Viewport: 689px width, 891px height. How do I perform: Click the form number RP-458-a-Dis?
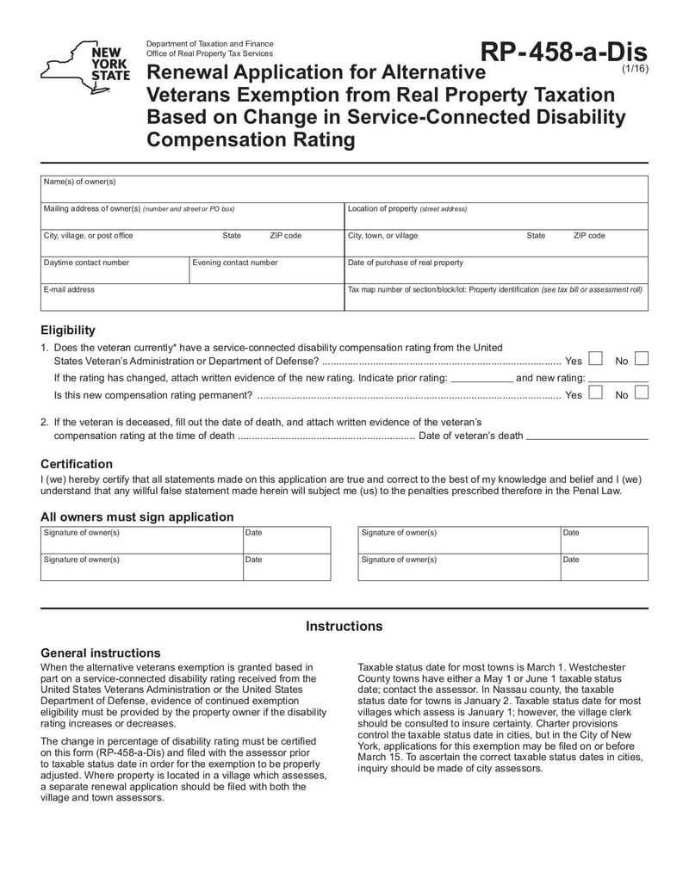coord(563,53)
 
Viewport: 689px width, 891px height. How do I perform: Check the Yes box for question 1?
coord(595,360)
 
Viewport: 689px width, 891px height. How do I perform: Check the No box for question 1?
coord(641,360)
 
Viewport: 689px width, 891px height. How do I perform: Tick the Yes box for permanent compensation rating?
coord(595,393)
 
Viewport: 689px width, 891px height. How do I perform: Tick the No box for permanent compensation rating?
coord(641,393)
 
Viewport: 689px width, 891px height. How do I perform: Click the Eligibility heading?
coord(68,330)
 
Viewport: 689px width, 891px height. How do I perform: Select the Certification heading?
coord(77,463)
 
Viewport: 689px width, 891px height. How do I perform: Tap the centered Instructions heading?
coord(344,626)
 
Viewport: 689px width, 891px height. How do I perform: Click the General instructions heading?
coord(101,653)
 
